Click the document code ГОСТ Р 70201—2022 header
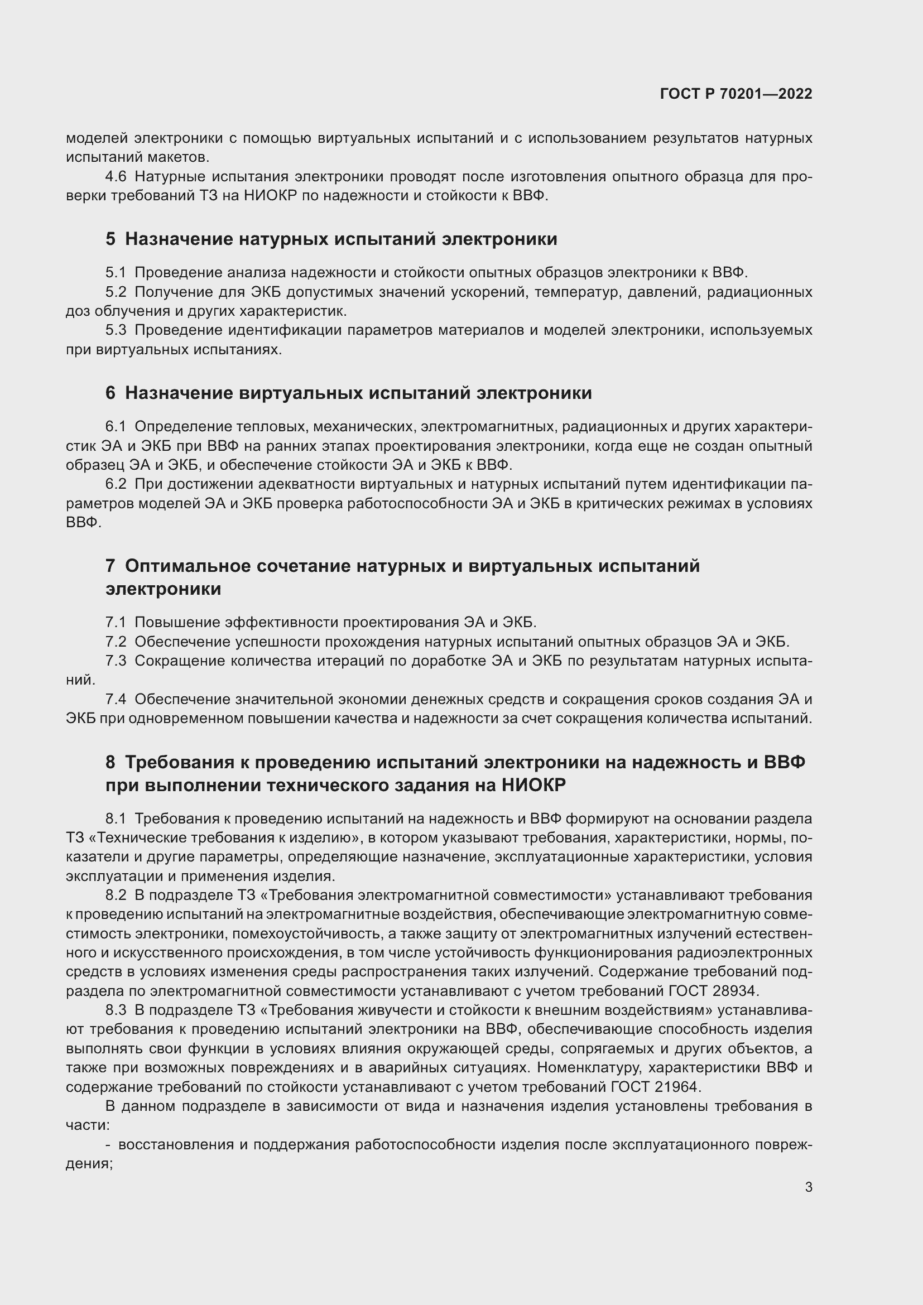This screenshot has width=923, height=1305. coord(736,94)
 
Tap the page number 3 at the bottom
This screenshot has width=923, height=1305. coord(808,1187)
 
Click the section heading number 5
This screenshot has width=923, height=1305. coord(110,239)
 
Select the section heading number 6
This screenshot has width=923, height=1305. coord(110,393)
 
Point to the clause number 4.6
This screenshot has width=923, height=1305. coord(116,177)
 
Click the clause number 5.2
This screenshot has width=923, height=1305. coord(116,292)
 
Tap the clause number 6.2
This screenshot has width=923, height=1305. coord(116,484)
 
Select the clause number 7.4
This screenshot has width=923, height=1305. coord(116,699)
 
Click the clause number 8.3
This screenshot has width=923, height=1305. coord(116,1010)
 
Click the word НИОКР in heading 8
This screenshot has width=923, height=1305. coord(533,786)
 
